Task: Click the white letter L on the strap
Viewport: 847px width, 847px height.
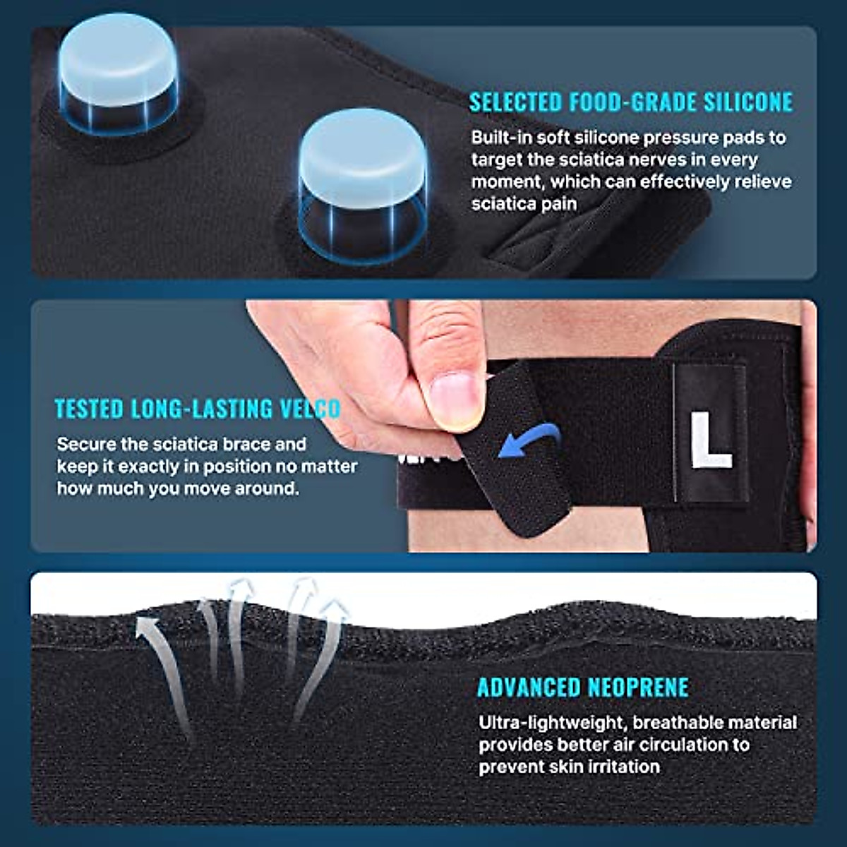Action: pos(709,440)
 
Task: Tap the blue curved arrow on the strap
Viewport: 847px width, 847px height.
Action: pos(529,443)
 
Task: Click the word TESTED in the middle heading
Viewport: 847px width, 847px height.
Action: pos(90,409)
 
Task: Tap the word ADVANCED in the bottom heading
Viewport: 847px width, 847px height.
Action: pos(523,687)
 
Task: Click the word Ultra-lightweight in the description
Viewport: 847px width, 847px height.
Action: pos(551,723)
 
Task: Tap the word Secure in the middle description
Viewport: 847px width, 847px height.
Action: pos(82,445)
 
